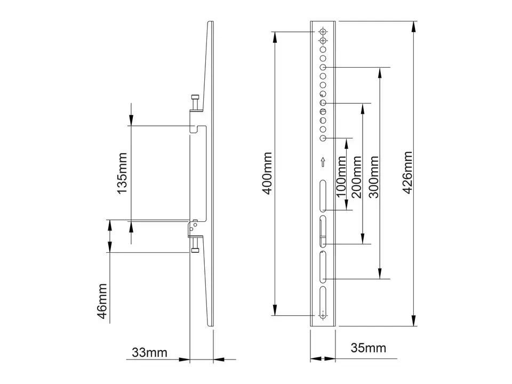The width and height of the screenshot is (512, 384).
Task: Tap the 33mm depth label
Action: tap(150, 353)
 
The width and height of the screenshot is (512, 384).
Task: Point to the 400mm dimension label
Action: tap(267, 173)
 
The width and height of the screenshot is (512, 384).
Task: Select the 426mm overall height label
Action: tap(409, 173)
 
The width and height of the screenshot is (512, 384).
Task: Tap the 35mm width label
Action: tap(369, 349)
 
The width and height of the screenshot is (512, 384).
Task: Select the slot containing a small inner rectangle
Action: tap(323, 231)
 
